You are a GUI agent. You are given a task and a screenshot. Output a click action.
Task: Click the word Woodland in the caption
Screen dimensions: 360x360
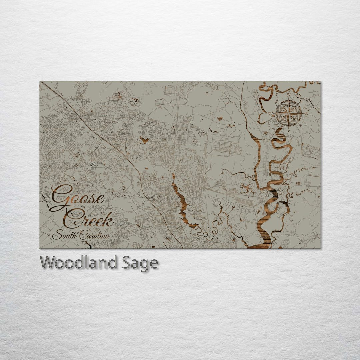pos(78,263)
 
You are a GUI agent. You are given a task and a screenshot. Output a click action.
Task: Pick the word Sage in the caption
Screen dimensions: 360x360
pos(140,263)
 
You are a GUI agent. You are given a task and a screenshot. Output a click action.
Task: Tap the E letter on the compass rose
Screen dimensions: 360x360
pos(306,113)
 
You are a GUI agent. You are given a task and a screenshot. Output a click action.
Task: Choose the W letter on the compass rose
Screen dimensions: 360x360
pos(270,114)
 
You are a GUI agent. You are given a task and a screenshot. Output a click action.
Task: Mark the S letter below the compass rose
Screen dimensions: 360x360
pos(288,131)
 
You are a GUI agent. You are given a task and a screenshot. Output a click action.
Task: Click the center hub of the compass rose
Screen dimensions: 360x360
pos(288,113)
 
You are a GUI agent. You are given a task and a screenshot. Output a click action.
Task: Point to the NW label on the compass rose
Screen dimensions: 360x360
pos(277,101)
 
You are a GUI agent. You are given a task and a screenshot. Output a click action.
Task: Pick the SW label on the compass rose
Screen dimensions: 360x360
pos(277,125)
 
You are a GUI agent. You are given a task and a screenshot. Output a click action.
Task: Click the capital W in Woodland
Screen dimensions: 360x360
pos(47,263)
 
